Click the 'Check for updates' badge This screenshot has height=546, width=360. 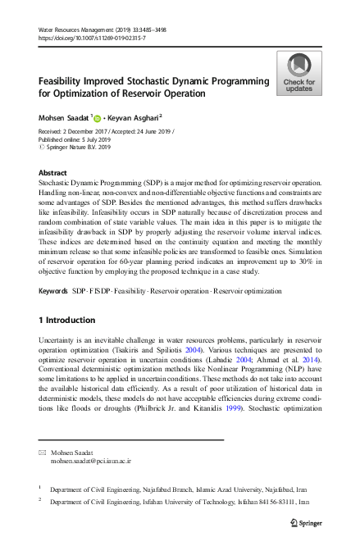(298, 73)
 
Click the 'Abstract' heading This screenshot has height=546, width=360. (53, 173)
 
